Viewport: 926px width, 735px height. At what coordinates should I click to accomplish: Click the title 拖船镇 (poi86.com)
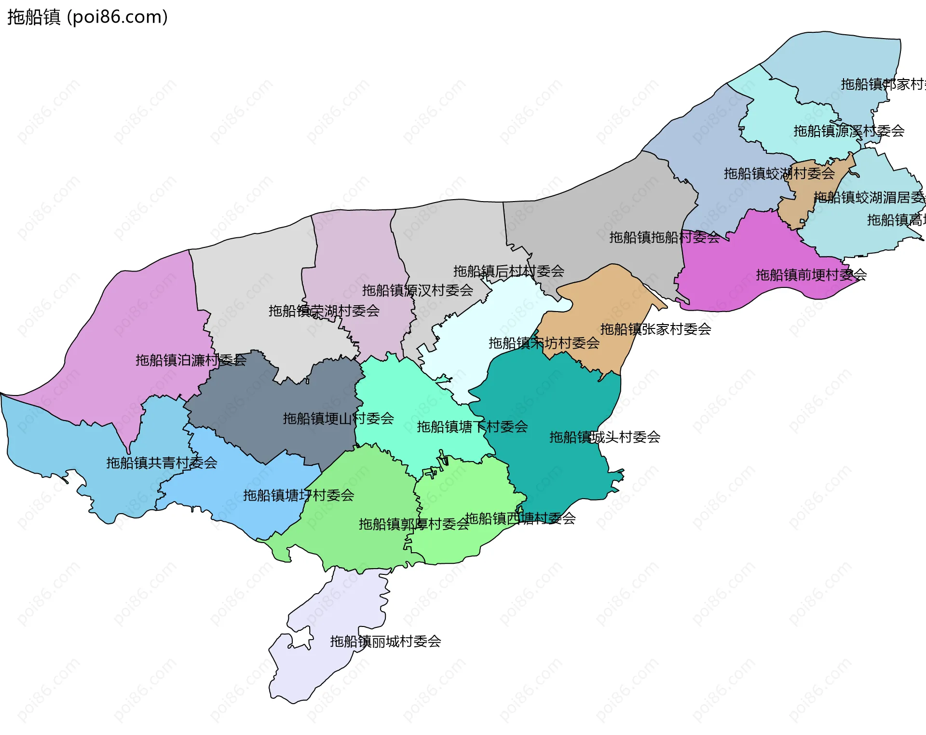(x=87, y=17)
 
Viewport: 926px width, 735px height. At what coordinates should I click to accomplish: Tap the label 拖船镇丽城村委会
(x=385, y=641)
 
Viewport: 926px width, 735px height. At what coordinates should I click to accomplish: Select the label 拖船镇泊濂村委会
(x=191, y=360)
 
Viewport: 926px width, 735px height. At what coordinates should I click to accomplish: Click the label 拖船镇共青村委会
(x=162, y=463)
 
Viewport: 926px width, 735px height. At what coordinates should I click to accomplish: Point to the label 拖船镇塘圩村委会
(x=299, y=495)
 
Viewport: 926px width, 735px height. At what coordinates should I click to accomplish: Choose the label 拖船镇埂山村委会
(x=339, y=419)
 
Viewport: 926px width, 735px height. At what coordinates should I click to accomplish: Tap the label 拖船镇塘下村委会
(x=472, y=427)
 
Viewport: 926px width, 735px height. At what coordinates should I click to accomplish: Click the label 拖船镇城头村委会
(x=605, y=437)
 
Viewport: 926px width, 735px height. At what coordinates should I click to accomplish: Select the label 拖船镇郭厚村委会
(x=414, y=524)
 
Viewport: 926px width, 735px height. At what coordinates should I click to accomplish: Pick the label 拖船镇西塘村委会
(x=520, y=518)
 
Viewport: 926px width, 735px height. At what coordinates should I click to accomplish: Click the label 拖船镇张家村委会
(x=655, y=329)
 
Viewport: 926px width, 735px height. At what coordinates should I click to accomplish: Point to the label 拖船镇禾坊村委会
(x=544, y=343)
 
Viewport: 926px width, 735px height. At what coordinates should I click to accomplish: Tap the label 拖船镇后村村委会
(x=509, y=271)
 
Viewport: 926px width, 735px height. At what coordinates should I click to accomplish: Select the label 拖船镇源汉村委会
(x=418, y=290)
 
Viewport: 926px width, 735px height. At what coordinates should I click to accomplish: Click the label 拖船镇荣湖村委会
(x=324, y=311)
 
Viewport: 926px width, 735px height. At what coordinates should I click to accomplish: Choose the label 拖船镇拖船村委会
(x=665, y=237)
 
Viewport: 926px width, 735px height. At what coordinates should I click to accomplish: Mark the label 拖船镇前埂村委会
(x=811, y=275)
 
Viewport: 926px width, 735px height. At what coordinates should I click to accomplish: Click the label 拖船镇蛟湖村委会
(x=779, y=174)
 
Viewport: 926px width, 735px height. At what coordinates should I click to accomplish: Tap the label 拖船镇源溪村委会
(x=849, y=131)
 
